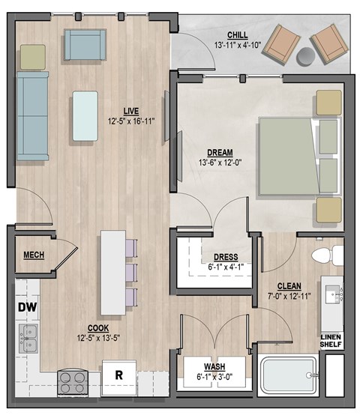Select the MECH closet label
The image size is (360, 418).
click(x=33, y=255)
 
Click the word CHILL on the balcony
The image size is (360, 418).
click(x=237, y=34)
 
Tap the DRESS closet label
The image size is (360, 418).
click(x=225, y=257)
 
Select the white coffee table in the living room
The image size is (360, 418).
click(x=85, y=116)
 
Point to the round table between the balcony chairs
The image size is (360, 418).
click(x=307, y=56)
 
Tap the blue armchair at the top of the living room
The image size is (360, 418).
click(x=83, y=45)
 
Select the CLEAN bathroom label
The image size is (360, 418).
click(x=289, y=285)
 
